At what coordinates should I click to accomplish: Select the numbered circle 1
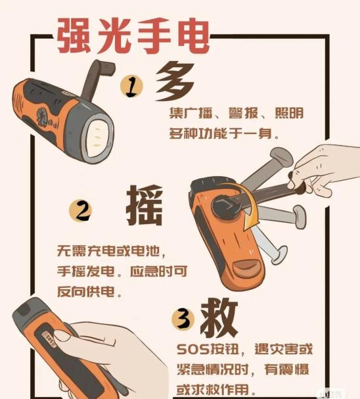[131, 86]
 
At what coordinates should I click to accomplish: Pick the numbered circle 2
[80, 210]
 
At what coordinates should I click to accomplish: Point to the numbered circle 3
[183, 319]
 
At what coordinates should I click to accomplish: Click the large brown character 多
[175, 82]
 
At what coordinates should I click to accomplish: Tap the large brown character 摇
[145, 205]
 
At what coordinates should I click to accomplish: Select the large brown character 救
[219, 317]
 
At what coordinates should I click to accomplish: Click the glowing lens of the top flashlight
[99, 137]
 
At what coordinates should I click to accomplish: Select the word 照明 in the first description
[289, 113]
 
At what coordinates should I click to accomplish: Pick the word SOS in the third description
[192, 349]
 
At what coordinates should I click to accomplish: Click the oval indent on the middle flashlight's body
[246, 267]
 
